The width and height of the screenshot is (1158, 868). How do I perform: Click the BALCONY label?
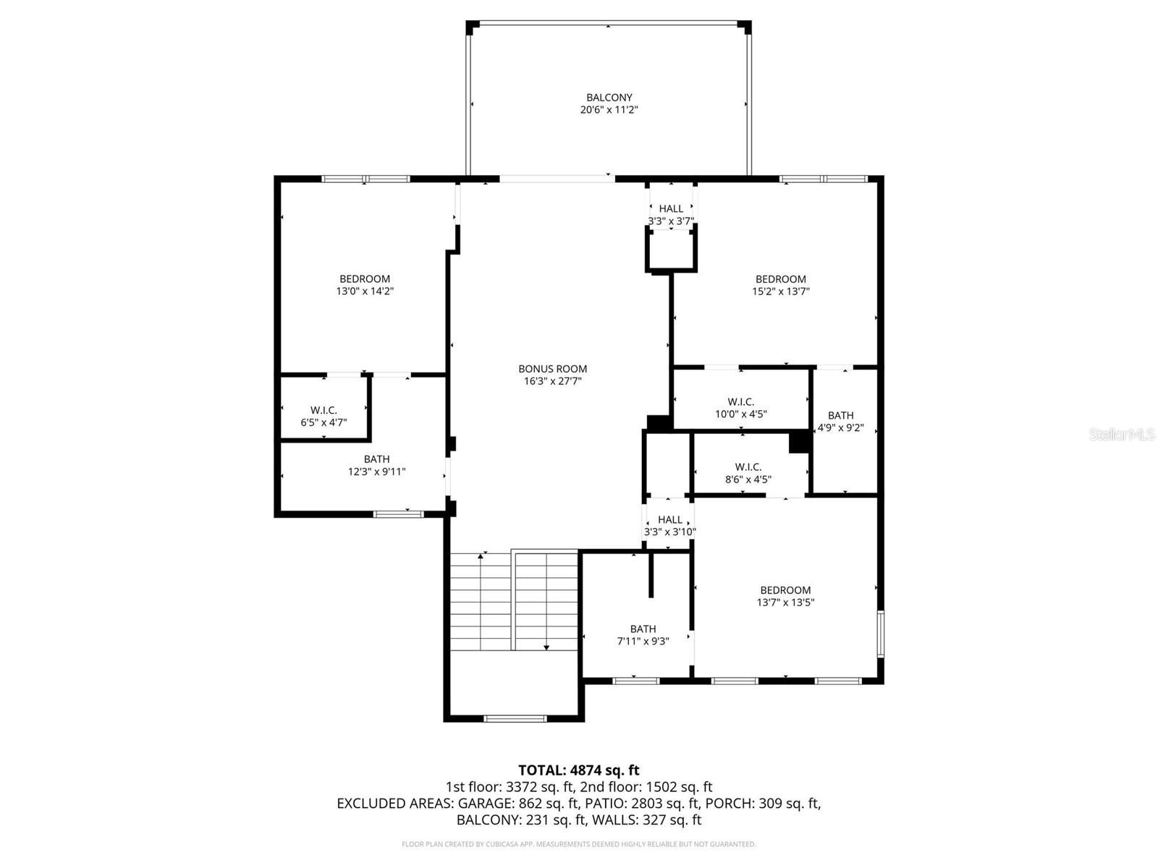click(x=609, y=97)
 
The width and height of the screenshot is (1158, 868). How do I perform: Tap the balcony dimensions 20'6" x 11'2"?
click(x=609, y=110)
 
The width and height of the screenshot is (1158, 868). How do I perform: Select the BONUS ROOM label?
click(x=552, y=368)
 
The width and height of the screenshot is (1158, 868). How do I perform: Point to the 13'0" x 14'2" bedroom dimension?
click(x=365, y=292)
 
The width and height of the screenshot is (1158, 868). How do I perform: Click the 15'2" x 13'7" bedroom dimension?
click(x=780, y=292)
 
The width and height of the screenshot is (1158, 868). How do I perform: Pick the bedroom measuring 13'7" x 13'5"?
click(x=785, y=596)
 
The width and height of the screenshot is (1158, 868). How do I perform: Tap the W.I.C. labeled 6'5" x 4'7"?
click(x=324, y=416)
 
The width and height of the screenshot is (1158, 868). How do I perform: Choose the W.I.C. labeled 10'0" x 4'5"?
click(x=740, y=408)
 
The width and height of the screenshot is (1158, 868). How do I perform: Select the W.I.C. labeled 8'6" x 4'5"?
click(x=748, y=473)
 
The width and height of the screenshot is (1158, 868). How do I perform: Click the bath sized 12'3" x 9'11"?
click(x=376, y=465)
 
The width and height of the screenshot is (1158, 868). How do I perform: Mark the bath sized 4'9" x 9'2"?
click(x=840, y=421)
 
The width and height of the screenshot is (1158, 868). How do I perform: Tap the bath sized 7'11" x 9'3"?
click(x=643, y=634)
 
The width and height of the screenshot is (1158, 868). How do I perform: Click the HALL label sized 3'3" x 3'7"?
click(x=671, y=215)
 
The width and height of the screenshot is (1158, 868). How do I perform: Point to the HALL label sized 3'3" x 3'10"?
click(x=669, y=525)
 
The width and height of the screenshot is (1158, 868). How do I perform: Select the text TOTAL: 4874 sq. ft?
click(x=578, y=770)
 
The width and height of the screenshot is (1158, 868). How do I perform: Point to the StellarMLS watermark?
click(x=1122, y=434)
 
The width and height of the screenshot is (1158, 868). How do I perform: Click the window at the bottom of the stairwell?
click(x=515, y=718)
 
